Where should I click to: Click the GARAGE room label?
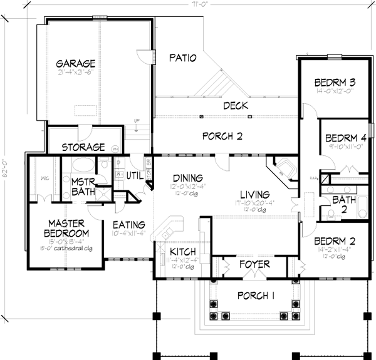pyautogui.click(x=75, y=64)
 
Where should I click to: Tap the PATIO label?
pyautogui.click(x=183, y=58)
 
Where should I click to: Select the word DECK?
pyautogui.click(x=236, y=106)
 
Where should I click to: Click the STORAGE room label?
pyautogui.click(x=83, y=148)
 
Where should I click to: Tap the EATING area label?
pyautogui.click(x=129, y=225)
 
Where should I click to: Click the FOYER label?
pyautogui.click(x=255, y=264)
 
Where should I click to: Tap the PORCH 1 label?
pyautogui.click(x=254, y=295)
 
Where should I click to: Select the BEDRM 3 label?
pyautogui.click(x=335, y=83)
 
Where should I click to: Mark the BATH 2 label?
pyautogui.click(x=340, y=203)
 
